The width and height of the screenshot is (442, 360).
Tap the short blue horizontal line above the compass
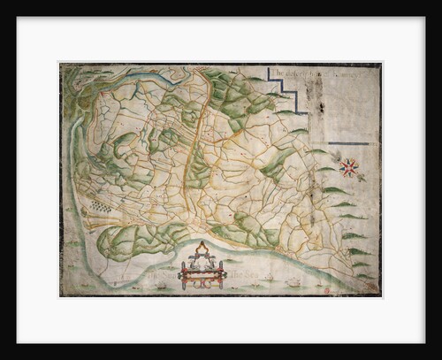(348, 145)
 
